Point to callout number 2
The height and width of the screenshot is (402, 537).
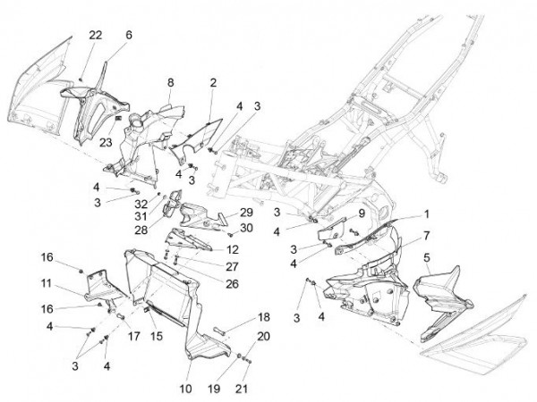pyautogui.click(x=213, y=82)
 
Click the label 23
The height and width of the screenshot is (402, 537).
pyautogui.click(x=106, y=139)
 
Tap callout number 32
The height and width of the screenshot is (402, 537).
pyautogui.click(x=141, y=204)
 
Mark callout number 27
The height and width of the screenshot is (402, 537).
pyautogui.click(x=232, y=266)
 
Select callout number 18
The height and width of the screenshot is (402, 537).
pyautogui.click(x=264, y=317)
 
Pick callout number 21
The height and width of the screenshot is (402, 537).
pyautogui.click(x=264, y=388)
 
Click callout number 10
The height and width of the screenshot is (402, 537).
pyautogui.click(x=186, y=388)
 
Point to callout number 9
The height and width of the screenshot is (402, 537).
pyautogui.click(x=351, y=214)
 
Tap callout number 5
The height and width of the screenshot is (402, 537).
pyautogui.click(x=426, y=257)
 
